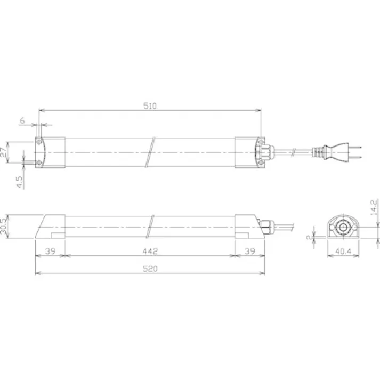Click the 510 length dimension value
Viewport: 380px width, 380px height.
point(150,106)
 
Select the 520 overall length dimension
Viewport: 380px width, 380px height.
point(150,269)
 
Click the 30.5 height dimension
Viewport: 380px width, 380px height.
point(5,228)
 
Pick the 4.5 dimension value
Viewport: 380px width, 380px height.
point(19,182)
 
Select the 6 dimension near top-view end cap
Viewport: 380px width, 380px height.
point(22,121)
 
